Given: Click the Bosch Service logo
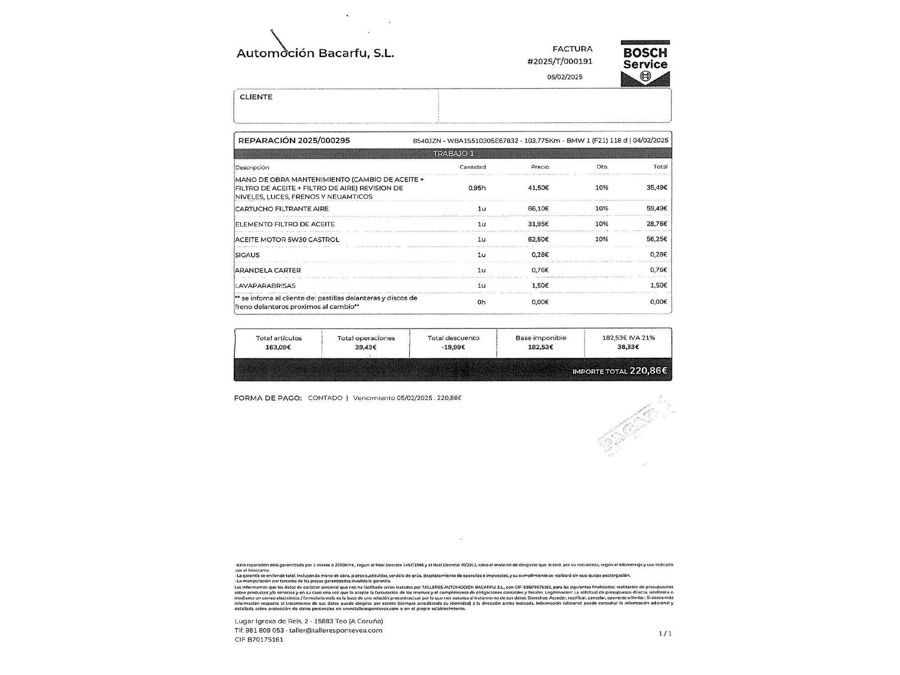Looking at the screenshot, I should pos(645,63).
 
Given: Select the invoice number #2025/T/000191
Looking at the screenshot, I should pos(560,61).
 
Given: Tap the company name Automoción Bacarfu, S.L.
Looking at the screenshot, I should pos(315,53).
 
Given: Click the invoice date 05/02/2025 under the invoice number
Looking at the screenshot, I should pos(565,77).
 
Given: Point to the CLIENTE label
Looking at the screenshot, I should pos(256,97).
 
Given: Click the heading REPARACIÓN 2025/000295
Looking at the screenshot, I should pos(294,140).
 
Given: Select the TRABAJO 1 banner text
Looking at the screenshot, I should pos(453,153).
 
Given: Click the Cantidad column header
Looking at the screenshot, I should pos(472,167).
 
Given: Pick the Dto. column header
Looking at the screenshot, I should pos(602,167).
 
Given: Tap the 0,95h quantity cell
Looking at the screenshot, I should pos(477,188).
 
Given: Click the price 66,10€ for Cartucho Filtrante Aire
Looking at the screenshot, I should pos(538,208).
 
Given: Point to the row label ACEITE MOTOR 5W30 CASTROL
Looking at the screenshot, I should pos(287,239).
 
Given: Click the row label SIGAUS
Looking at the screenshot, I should pos(247,255).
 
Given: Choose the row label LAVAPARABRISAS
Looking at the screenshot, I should pos(265,286).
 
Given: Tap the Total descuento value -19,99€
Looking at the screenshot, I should pos(453,347).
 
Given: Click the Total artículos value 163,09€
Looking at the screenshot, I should pos(279,347).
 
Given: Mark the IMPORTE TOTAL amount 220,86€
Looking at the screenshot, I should pos(648,370).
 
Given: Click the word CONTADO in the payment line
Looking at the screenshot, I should pos(325,398).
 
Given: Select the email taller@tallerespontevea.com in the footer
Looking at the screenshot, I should pos(336,630).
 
